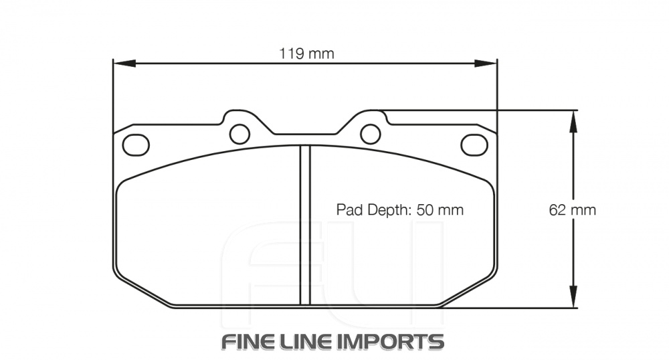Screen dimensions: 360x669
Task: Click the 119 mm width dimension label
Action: click(306, 54)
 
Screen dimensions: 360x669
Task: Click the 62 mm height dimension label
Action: click(572, 209)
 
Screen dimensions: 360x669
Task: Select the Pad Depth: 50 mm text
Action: click(399, 209)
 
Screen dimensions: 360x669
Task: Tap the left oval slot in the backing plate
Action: click(136, 144)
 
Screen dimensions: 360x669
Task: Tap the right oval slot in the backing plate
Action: click(474, 144)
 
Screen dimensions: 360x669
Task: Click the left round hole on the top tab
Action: click(239, 134)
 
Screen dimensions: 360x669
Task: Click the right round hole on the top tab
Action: click(370, 134)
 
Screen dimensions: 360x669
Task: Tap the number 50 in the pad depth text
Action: click(425, 209)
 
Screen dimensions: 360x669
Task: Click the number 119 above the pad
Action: click(291, 54)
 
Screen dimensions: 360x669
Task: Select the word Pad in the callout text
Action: click(348, 209)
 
